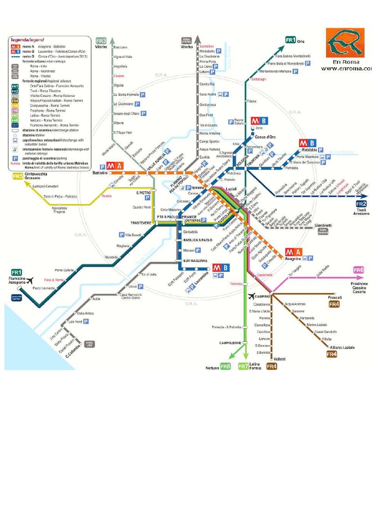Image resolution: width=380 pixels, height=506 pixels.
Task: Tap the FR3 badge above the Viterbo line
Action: [x=101, y=41]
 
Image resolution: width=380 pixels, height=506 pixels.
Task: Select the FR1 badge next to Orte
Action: [x=290, y=40]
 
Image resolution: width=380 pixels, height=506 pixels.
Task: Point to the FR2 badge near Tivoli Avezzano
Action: [x=361, y=204]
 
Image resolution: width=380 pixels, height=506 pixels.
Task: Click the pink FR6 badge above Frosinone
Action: [x=359, y=270]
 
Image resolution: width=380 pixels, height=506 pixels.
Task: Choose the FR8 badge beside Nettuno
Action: [x=226, y=367]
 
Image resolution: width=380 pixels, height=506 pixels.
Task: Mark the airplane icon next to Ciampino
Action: [x=251, y=296]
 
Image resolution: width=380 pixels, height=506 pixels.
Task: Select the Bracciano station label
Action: [x=121, y=47]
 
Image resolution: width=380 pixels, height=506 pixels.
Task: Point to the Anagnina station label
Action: [x=293, y=258]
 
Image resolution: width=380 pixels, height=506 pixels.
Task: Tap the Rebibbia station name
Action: [x=307, y=150]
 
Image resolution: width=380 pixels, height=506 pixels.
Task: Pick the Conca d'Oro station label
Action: [x=265, y=137]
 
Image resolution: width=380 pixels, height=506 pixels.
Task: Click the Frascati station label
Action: [x=335, y=297]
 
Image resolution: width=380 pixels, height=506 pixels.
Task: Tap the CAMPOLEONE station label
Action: [x=230, y=342]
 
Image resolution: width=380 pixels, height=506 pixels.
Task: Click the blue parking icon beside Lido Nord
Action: [x=86, y=321]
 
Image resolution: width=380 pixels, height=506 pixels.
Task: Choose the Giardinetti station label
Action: [x=323, y=225]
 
